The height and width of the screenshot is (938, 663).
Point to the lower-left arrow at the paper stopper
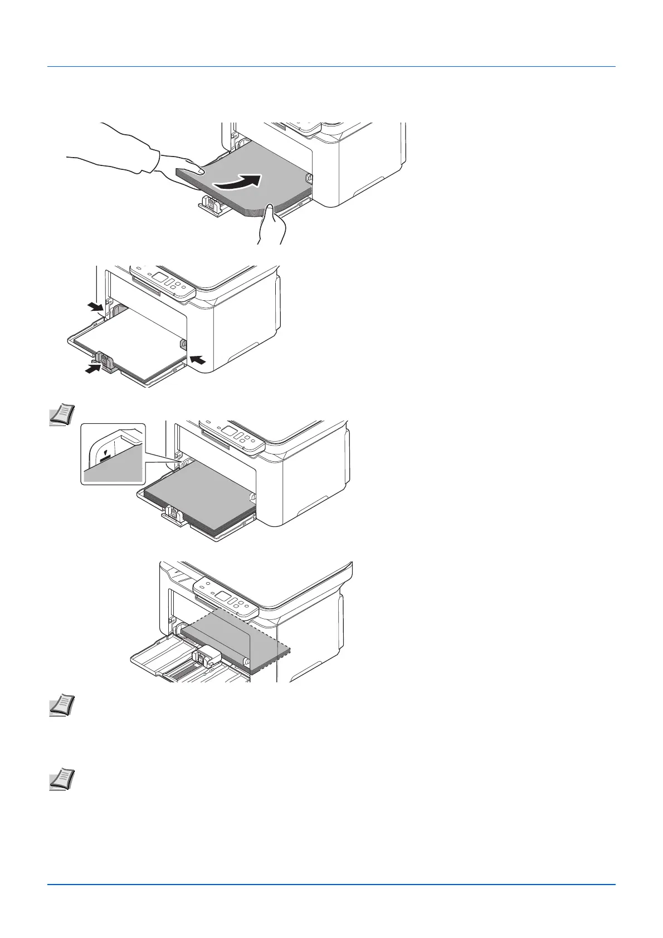89,368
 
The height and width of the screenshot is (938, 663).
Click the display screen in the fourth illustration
224,597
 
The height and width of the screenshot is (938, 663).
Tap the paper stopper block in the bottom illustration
207,656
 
